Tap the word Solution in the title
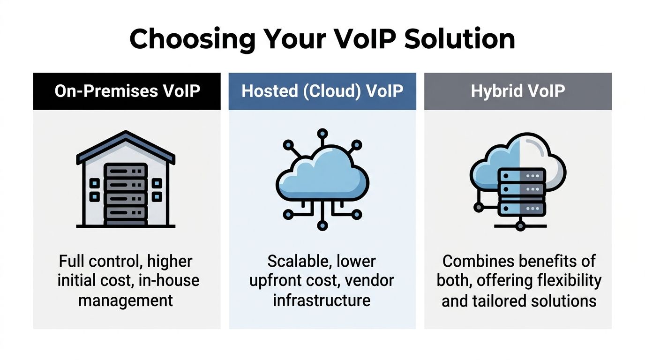pos(459,39)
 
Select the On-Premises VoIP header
pos(127,91)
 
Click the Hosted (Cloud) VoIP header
pos(322,91)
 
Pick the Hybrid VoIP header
pos(517,91)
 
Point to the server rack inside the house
pos(126,192)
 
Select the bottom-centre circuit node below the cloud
pos(322,226)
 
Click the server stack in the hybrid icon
pos(521,192)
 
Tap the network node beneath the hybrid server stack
pos(520,226)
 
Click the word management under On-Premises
pos(126,300)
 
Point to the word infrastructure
pos(322,300)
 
